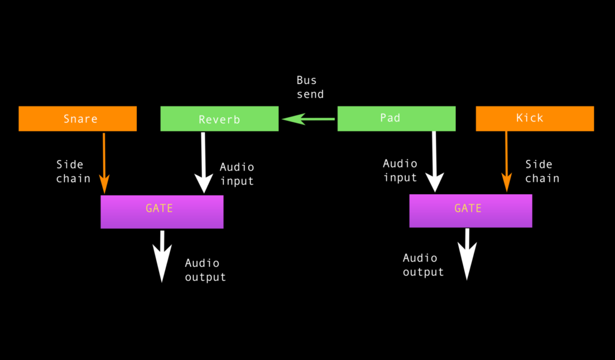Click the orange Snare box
click(x=77, y=118)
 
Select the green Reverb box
click(x=219, y=118)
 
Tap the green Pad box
click(x=396, y=118)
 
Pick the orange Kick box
click(x=535, y=118)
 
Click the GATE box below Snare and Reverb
click(x=162, y=212)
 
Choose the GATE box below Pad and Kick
click(x=470, y=210)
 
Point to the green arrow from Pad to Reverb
click(x=309, y=120)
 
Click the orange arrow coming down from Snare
click(x=104, y=162)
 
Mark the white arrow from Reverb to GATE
click(x=204, y=162)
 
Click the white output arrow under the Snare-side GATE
click(x=162, y=255)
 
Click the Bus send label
click(x=310, y=87)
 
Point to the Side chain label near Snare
click(x=73, y=171)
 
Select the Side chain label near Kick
click(x=542, y=171)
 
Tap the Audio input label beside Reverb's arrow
click(x=237, y=174)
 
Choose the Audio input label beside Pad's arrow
click(x=400, y=170)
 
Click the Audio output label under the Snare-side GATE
click(x=205, y=270)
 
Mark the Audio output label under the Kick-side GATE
click(x=423, y=265)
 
